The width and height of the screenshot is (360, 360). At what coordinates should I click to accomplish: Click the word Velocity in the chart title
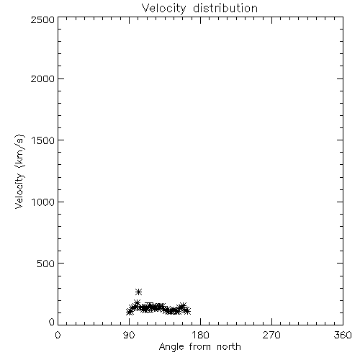coord(164,9)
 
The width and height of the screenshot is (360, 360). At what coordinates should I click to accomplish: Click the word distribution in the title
coord(225,8)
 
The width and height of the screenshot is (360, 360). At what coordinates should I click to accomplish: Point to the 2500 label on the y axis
coord(42,19)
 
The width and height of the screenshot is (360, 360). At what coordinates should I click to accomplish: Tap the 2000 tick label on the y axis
coord(42,78)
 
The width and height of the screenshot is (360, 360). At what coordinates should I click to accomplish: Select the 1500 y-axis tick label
coord(43,140)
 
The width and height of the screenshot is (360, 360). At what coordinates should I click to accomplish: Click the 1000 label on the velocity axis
coord(43,202)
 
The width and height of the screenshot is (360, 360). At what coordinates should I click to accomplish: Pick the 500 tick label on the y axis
coord(46,264)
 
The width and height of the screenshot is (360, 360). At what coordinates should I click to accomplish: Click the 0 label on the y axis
coord(52,322)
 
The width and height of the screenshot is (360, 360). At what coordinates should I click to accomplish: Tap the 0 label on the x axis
coord(58,335)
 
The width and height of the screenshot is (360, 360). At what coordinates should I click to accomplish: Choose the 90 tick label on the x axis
coord(129,335)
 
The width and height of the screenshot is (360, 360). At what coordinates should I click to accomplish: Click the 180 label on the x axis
coord(200,335)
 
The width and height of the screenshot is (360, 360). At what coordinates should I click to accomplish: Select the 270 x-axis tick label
coord(271,335)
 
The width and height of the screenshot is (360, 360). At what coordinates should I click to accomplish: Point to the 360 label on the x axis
coord(343,335)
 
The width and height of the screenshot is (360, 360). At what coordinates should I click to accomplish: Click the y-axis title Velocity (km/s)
coord(19,171)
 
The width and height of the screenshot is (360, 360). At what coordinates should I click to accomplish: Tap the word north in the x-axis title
coord(229,347)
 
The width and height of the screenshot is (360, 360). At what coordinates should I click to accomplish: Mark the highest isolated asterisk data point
coord(138,292)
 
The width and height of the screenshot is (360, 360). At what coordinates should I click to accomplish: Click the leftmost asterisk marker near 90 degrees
coord(130,312)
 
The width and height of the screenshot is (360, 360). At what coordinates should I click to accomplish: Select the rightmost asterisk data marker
coord(187,311)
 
